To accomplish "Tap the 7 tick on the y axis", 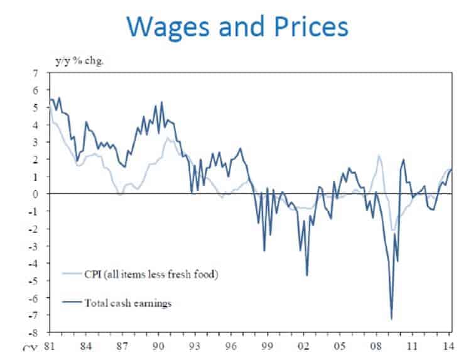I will [x=36, y=74].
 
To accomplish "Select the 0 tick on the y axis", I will [x=36, y=194].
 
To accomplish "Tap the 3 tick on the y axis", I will [x=36, y=143].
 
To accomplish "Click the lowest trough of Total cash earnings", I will [x=392, y=319].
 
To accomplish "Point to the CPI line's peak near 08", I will [x=379, y=155].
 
